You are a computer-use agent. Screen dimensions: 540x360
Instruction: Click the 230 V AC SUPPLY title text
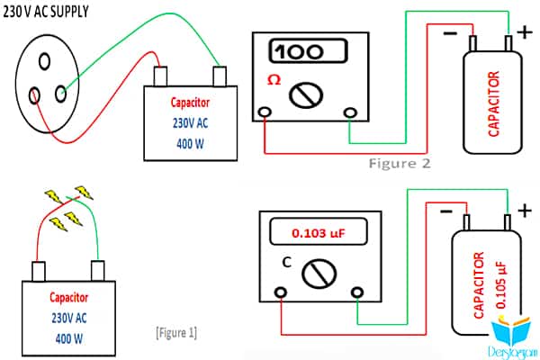pos(46,12)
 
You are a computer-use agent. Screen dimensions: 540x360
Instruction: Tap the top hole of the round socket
pos(44,62)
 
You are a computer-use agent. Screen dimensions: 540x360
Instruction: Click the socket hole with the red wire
pos(34,95)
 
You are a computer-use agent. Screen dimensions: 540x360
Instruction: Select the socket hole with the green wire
pos(61,94)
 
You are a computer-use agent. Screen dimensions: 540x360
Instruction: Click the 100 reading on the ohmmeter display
pos(299,52)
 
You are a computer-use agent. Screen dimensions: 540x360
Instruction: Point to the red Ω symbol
pos(274,80)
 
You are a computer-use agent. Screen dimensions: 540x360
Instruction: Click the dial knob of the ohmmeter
pos(306,95)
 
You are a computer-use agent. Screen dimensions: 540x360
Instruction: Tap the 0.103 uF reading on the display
pos(319,233)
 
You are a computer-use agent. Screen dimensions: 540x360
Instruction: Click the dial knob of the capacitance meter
pos(319,274)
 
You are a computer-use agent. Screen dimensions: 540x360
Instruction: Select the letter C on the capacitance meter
pos(287,263)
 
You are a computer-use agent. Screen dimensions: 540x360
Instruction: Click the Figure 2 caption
pos(400,163)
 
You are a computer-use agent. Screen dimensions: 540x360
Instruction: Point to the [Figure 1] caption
pos(176,333)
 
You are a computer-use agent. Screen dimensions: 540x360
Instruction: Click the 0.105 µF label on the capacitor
pos(501,285)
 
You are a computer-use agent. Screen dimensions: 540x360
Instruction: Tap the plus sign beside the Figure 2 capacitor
pos(525,32)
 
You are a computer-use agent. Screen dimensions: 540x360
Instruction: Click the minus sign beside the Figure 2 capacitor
pos(450,33)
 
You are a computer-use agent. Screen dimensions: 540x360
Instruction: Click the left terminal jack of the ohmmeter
pos(265,112)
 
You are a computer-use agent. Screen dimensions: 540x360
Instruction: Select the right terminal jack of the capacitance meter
pos(357,292)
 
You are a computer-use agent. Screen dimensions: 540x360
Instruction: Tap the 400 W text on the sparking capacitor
pos(69,338)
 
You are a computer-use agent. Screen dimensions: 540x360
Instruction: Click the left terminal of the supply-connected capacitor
pos(160,76)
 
